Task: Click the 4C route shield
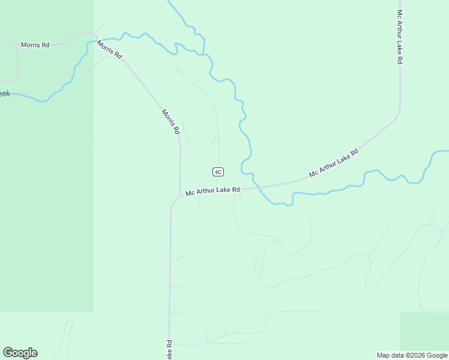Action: point(218,172)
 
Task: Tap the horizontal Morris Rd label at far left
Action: point(35,45)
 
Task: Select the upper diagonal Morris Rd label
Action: point(110,49)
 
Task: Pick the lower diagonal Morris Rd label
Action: point(171,121)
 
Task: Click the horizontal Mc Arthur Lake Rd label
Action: point(212,191)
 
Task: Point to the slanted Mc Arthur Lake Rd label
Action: point(334,162)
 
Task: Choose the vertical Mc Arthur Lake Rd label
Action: point(399,37)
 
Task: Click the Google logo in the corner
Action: point(20,353)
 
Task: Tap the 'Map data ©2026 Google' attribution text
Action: point(412,355)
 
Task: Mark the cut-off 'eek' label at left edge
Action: point(5,94)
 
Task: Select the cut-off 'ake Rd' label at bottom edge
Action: point(169,350)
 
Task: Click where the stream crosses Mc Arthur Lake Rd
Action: point(258,188)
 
